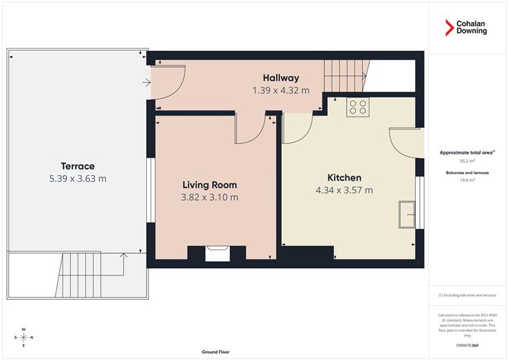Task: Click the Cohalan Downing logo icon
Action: [x=449, y=29]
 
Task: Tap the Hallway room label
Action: [x=281, y=78]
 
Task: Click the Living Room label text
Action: [x=209, y=185]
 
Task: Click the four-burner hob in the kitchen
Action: [x=357, y=107]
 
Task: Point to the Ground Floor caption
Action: [x=216, y=352]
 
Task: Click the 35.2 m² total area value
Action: [x=467, y=161]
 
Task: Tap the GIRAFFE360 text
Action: [x=467, y=346]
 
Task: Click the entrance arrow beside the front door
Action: [x=144, y=82]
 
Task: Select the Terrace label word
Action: [x=78, y=166]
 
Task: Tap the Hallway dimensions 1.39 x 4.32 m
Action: [x=281, y=90]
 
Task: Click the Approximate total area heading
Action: [x=467, y=153]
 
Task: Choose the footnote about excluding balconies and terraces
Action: [x=467, y=295]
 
